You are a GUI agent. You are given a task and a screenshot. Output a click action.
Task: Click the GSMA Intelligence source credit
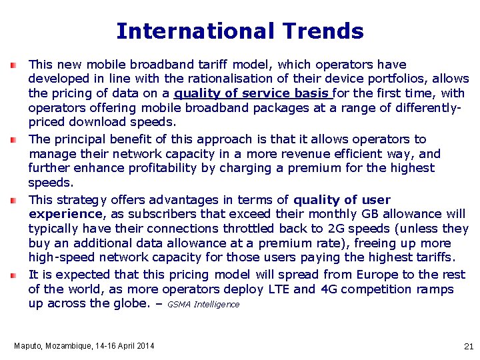click(203, 305)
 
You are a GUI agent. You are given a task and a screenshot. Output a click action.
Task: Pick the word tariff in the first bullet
click(212, 65)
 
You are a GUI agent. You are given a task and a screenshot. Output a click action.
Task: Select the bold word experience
click(65, 214)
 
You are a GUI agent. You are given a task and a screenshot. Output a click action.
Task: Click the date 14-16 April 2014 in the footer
click(123, 345)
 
